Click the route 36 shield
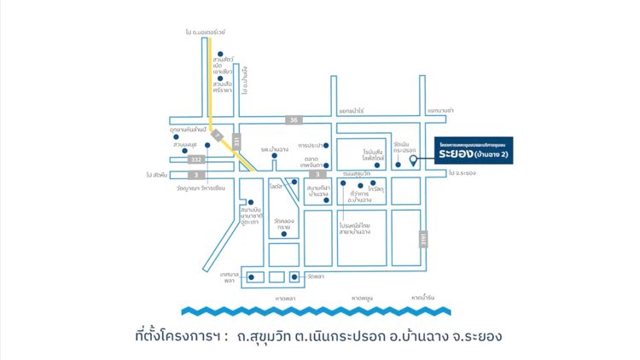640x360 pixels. tap(294, 120)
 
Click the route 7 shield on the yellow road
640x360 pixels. tap(218, 136)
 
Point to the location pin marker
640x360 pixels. tap(413, 160)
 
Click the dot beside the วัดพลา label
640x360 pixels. tap(294, 276)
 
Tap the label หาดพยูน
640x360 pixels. tap(362, 298)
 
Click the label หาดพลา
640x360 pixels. tap(285, 298)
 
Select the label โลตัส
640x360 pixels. tap(275, 184)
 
